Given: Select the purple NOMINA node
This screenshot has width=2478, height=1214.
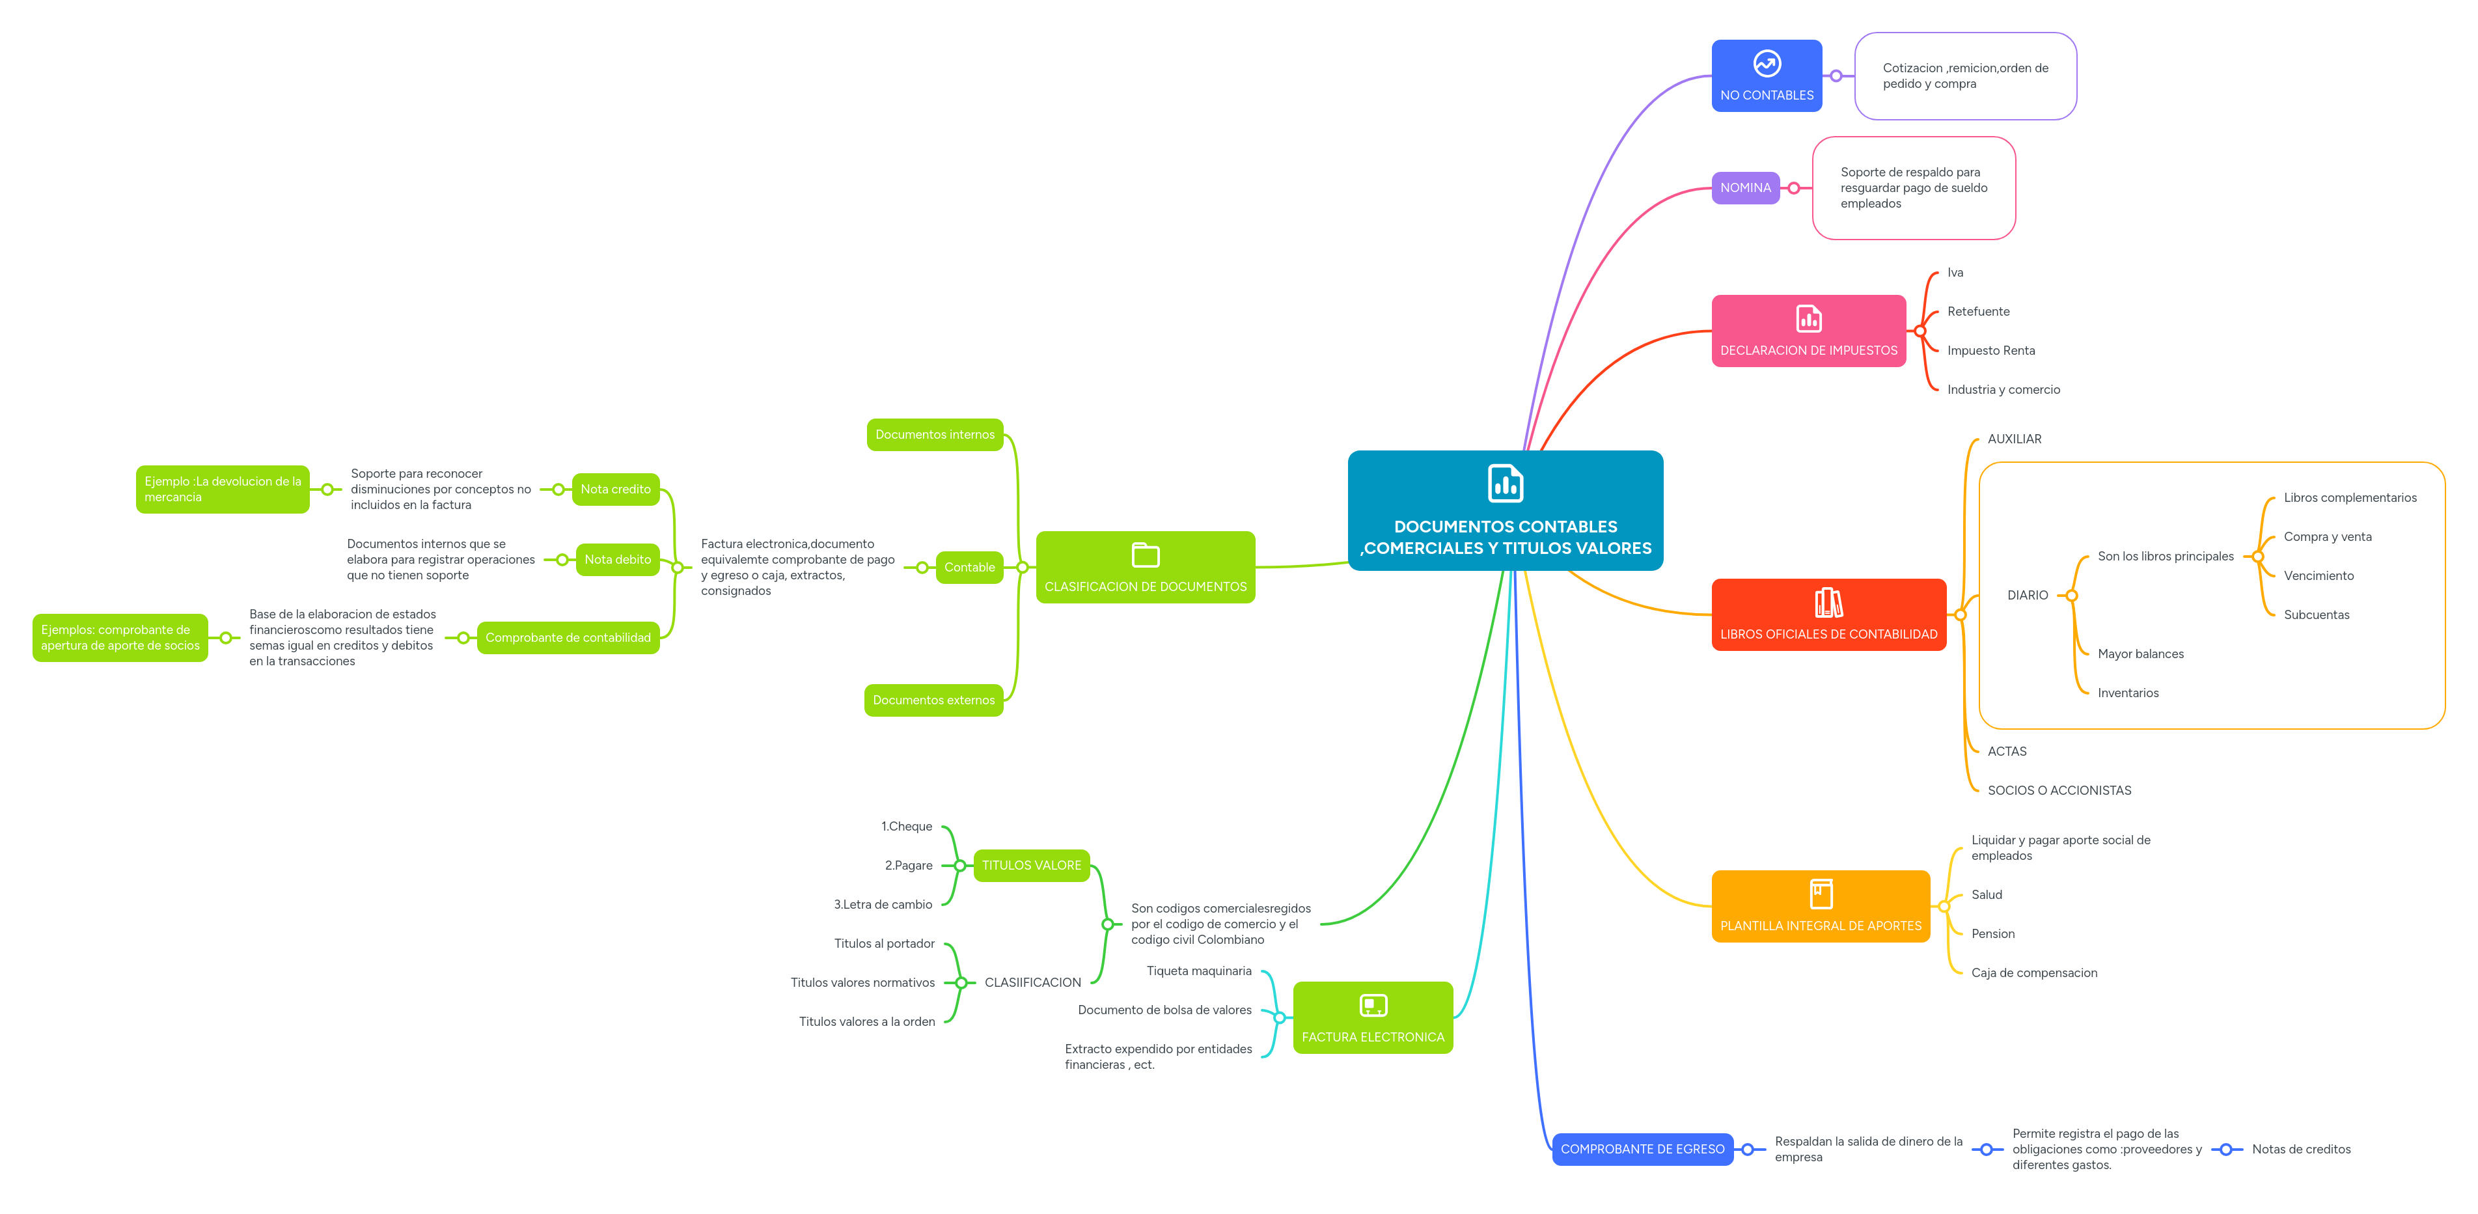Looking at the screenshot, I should click(x=1745, y=187).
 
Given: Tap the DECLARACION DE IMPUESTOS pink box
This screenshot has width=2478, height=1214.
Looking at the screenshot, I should click(x=1808, y=331).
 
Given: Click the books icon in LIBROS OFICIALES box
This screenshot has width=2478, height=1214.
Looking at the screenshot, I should click(x=1828, y=603).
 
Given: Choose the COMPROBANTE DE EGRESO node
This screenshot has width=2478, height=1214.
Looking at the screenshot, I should click(x=1642, y=1149).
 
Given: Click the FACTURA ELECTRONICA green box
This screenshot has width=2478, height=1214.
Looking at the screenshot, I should click(x=1373, y=1018).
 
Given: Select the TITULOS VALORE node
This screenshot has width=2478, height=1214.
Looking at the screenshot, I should click(x=1031, y=865).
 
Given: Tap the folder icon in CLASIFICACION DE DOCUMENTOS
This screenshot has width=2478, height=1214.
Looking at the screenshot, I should click(x=1145, y=555).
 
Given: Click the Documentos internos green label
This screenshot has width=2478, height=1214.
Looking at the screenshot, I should click(x=934, y=435).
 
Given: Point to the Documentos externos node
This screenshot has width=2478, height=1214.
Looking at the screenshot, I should click(x=933, y=700).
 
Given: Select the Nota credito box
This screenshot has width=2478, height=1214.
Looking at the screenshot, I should click(x=616, y=489).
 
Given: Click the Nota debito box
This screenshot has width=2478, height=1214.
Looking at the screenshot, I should click(x=618, y=559).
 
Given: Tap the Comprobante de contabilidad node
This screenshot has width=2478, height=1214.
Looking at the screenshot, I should click(x=568, y=638).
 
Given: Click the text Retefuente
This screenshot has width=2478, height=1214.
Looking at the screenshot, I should click(x=1978, y=312).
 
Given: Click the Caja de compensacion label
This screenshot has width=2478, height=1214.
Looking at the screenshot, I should click(x=2033, y=973).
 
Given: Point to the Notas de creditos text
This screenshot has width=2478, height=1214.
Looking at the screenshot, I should click(x=2300, y=1149).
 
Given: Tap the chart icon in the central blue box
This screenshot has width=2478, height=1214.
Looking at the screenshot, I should click(x=1506, y=484).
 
